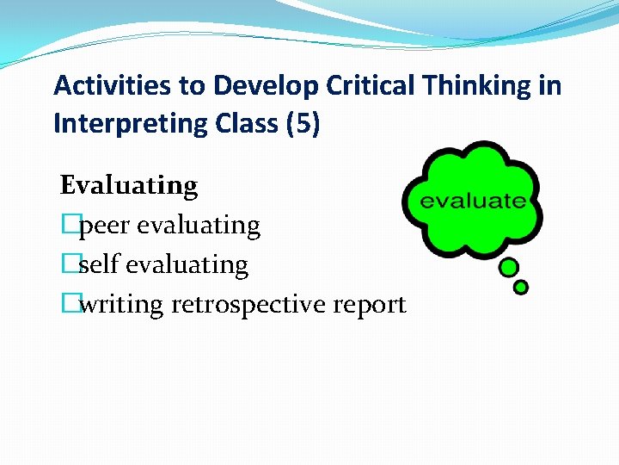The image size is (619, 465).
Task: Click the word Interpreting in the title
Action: [123, 124]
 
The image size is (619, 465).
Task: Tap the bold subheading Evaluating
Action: [129, 185]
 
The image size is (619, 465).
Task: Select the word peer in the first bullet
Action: [105, 226]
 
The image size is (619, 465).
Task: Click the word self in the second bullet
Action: [99, 265]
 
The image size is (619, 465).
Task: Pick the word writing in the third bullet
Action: [121, 305]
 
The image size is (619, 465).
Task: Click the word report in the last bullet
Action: [372, 305]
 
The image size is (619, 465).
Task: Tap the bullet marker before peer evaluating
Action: [69, 226]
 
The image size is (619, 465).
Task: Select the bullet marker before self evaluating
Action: [69, 265]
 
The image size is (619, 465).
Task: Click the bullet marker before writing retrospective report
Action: [69, 305]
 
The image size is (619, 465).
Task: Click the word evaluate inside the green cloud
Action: [472, 201]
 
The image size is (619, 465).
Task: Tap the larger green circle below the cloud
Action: [509, 268]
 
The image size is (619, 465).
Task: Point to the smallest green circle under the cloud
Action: [521, 287]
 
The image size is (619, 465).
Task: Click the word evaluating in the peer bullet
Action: [199, 226]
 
